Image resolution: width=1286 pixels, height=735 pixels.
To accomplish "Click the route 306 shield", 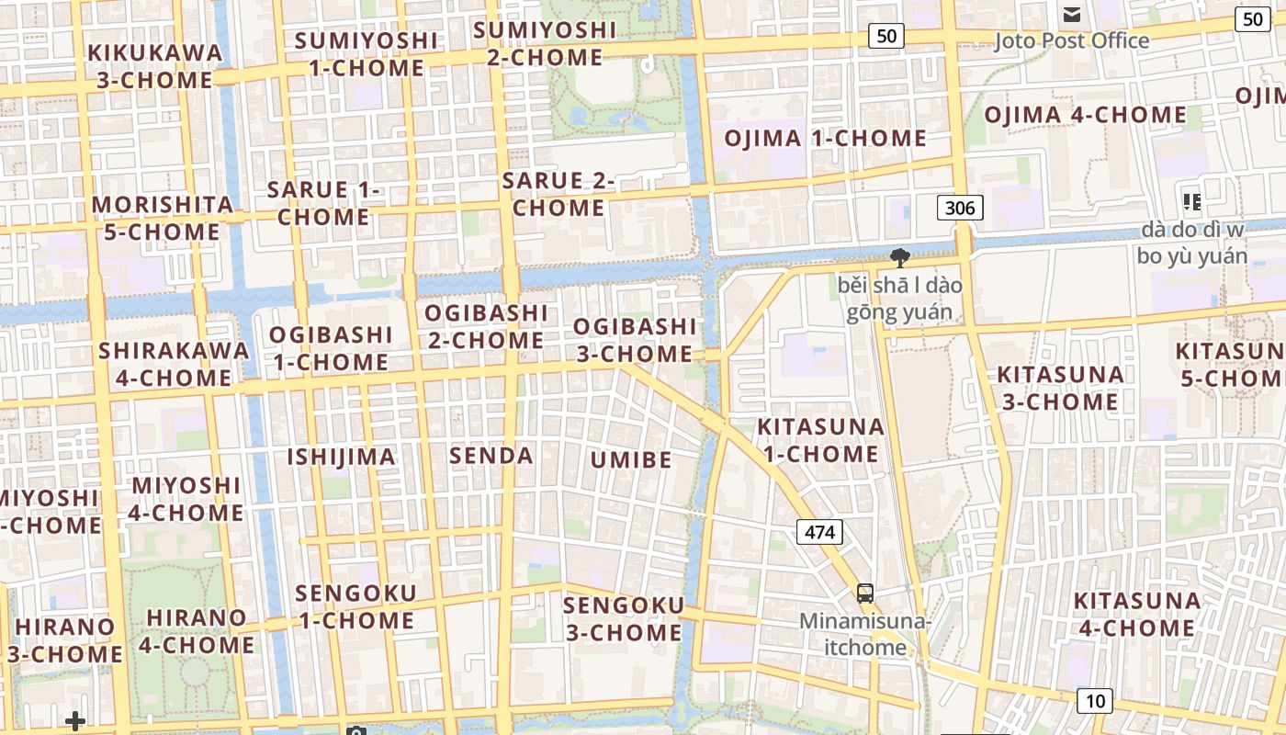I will pyautogui.click(x=960, y=208).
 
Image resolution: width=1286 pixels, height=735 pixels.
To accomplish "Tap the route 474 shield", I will pyautogui.click(x=819, y=532).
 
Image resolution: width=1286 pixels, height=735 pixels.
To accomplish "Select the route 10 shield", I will pyautogui.click(x=1094, y=701).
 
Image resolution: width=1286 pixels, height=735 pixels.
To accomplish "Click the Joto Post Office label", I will pyautogui.click(x=1072, y=40).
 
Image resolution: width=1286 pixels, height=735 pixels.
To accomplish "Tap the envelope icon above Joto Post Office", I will pyautogui.click(x=1072, y=15).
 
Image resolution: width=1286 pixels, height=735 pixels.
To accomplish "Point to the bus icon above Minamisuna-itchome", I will pyautogui.click(x=865, y=593).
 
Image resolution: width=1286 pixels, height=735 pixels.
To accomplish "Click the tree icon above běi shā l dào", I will pyautogui.click(x=899, y=258).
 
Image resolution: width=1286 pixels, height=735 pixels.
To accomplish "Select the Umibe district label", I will pyautogui.click(x=631, y=459).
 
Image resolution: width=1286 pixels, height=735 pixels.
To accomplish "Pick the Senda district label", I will pyautogui.click(x=491, y=455).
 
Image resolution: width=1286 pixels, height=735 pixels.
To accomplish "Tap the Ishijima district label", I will pyautogui.click(x=342, y=457).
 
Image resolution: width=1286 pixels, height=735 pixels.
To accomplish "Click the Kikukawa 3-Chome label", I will pyautogui.click(x=155, y=66).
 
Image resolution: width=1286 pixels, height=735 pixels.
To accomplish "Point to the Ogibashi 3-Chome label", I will pyautogui.click(x=634, y=340).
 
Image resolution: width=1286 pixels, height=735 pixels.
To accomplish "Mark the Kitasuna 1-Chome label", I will pyautogui.click(x=820, y=440).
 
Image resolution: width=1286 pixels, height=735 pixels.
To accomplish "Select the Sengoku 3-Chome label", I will pyautogui.click(x=624, y=618).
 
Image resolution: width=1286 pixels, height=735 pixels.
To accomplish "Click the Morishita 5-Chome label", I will pyautogui.click(x=163, y=218).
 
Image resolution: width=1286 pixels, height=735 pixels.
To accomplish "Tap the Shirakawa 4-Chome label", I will pyautogui.click(x=174, y=364).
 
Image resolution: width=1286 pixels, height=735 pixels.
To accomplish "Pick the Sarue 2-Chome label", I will pyautogui.click(x=558, y=194).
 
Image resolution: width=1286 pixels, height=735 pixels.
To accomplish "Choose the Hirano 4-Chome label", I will pyautogui.click(x=197, y=630).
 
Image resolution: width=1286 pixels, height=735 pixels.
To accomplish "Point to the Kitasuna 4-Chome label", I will pyautogui.click(x=1136, y=615).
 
